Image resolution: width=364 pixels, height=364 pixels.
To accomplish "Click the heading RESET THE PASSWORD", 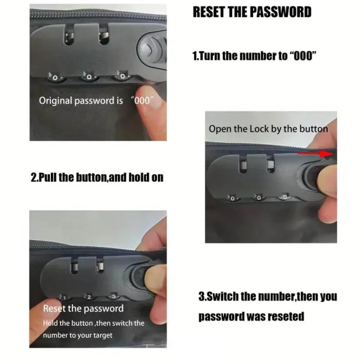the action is [x=252, y=12].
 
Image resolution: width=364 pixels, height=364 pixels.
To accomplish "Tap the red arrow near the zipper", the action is [x=316, y=154].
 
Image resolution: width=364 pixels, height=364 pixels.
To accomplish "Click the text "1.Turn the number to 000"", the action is [x=254, y=56].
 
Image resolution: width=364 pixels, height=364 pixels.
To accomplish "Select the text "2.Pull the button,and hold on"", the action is [x=97, y=177].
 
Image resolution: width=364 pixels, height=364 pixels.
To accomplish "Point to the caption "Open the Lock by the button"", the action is [x=268, y=129].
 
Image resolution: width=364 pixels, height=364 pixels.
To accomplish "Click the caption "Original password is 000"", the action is [x=96, y=101].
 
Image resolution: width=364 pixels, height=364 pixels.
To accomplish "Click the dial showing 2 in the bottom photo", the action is [x=89, y=297].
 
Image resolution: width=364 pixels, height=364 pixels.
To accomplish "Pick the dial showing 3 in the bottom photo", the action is [x=113, y=296].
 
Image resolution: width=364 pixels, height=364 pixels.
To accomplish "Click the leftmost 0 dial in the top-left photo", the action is [x=55, y=77].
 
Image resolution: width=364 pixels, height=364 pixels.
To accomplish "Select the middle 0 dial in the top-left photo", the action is [x=89, y=76].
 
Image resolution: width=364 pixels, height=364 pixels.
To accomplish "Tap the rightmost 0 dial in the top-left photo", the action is [x=122, y=76].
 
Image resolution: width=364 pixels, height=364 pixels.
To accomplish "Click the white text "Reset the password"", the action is [x=83, y=308].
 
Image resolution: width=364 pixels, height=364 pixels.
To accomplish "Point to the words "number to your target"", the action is [x=77, y=335].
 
